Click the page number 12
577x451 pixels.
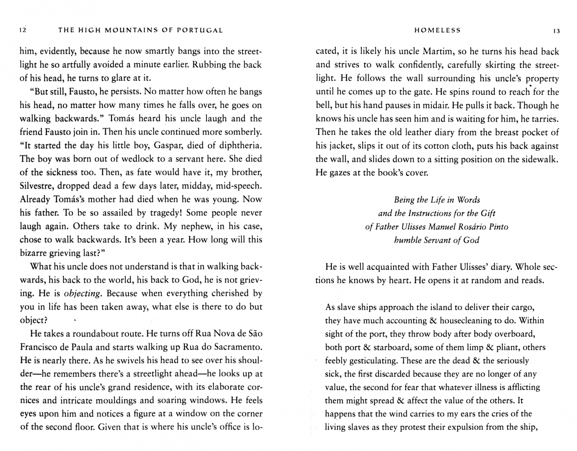pos(23,30)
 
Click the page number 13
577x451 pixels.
pos(557,30)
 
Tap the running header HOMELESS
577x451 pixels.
pos(437,30)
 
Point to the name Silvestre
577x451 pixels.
pos(36,185)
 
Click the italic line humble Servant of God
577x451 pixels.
pos(436,240)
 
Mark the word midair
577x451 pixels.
pos(420,105)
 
